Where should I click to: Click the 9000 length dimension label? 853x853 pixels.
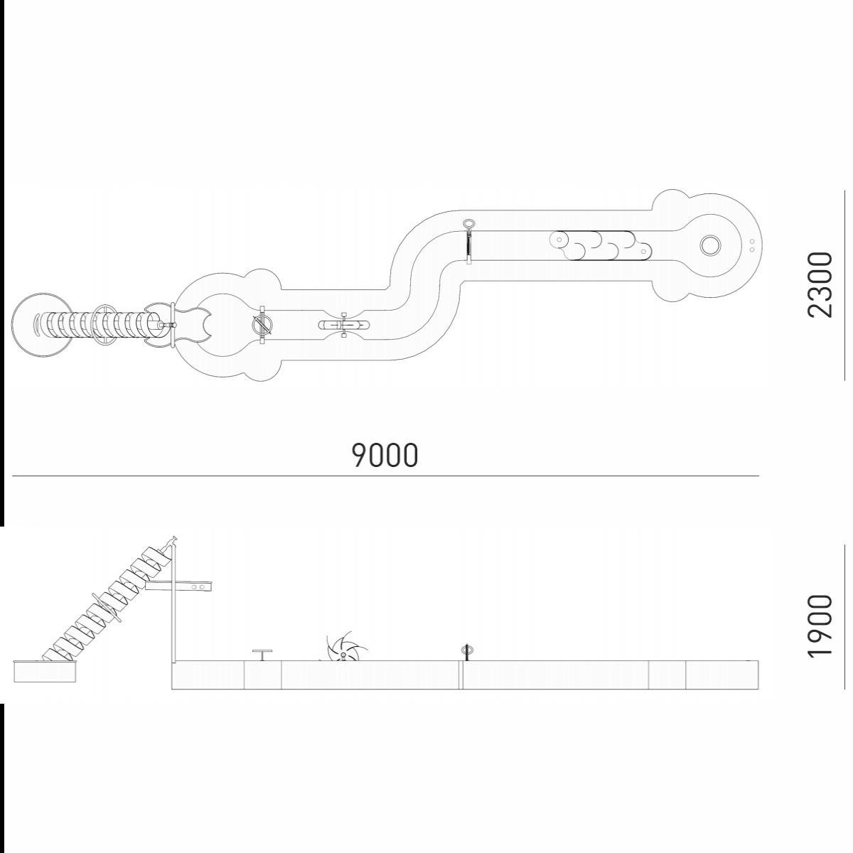(x=385, y=455)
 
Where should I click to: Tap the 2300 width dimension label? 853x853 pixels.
(x=820, y=284)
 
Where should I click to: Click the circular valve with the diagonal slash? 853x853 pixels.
(x=262, y=325)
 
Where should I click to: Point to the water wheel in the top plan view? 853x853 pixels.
(x=343, y=326)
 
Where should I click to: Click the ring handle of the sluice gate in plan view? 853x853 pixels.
(x=468, y=224)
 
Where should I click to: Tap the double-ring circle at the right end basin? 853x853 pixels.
(x=710, y=245)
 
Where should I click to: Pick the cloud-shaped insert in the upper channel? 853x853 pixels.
(x=601, y=245)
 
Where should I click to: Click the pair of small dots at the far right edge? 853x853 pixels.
(x=751, y=246)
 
